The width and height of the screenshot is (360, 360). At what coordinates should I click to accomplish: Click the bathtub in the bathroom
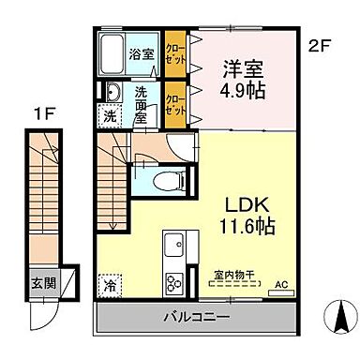tap(114, 52)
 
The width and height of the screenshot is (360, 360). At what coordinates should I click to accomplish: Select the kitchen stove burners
tap(174, 281)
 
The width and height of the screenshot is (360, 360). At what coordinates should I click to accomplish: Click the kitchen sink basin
tap(174, 247)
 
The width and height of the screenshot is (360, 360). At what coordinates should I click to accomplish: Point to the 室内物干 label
tap(228, 277)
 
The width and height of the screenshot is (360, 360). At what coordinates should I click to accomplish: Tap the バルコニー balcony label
tap(203, 315)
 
